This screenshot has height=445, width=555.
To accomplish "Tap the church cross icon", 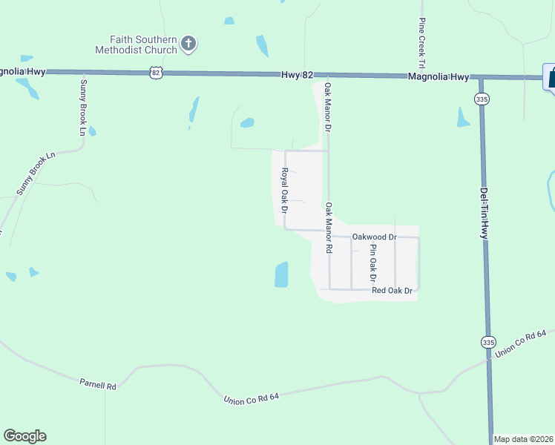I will [188, 44].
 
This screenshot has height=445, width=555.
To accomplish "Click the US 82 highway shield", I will [155, 71].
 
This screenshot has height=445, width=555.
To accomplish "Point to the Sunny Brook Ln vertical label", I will [83, 107].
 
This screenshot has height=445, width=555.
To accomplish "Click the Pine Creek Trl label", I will [421, 41].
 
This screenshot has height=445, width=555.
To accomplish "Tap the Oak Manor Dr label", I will [326, 108].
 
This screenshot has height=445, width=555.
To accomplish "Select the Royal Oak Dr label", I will [284, 189].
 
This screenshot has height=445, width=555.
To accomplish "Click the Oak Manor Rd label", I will [328, 228].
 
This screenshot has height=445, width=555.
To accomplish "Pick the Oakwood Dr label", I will [375, 237].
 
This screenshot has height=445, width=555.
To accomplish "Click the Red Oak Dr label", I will [392, 291].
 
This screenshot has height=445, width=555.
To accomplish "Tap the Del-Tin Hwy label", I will [483, 212].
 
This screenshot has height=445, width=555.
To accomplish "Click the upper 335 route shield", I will [482, 98].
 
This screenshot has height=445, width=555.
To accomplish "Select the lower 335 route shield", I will [487, 342].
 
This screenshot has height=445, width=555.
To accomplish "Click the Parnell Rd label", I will [98, 385].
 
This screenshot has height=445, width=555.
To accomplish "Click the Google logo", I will [24, 436].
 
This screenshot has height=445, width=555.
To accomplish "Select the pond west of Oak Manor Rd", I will [281, 274].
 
